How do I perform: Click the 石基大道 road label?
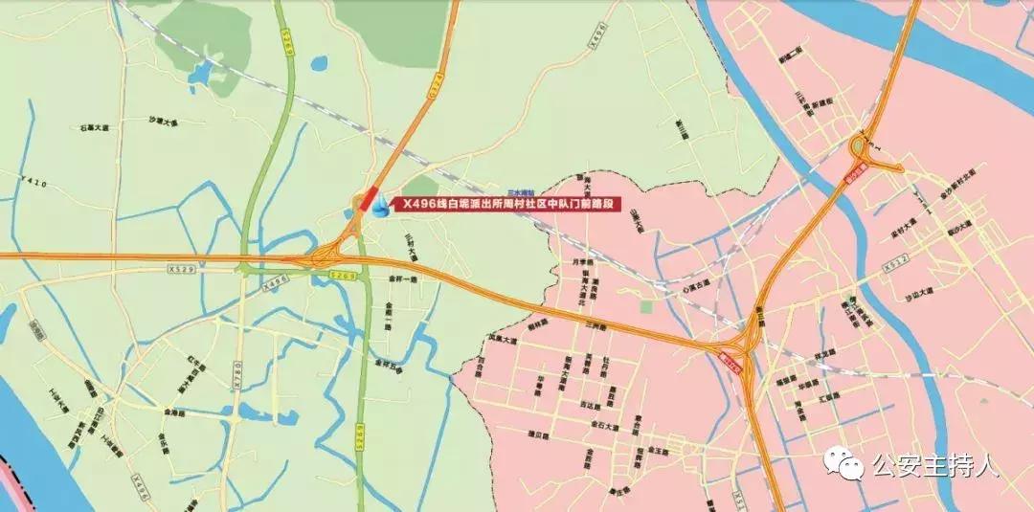(97, 126)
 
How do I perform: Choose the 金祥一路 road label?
(403, 279)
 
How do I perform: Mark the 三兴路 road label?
(596, 327)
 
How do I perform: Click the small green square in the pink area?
(646, 307)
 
